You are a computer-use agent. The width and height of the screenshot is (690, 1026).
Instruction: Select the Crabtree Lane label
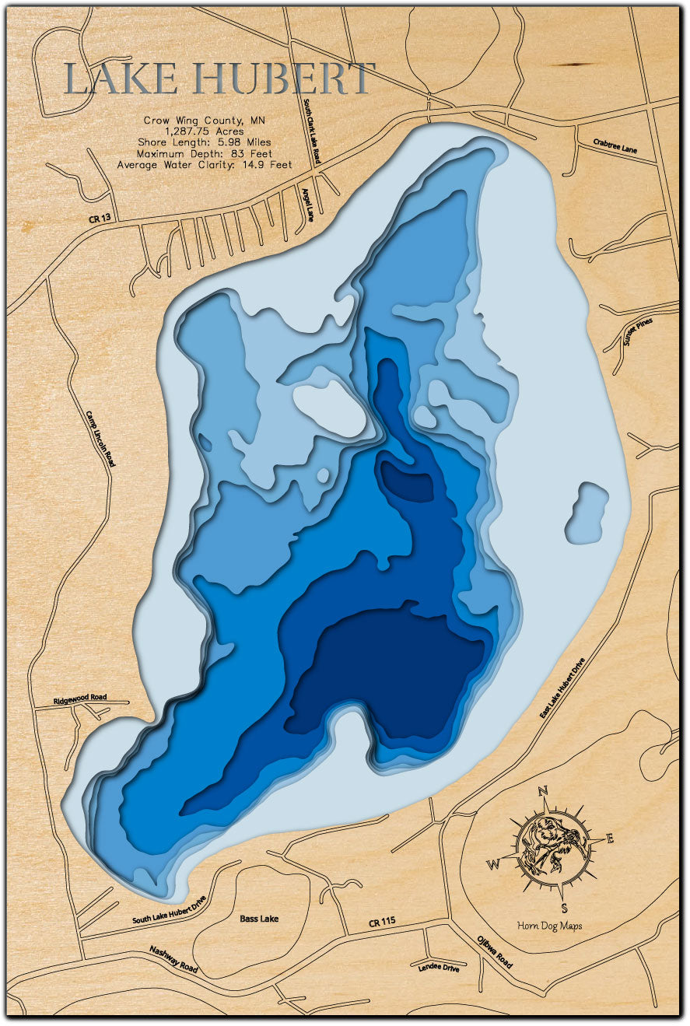point(615,145)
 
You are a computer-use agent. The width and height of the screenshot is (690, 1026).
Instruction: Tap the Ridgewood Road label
point(80,699)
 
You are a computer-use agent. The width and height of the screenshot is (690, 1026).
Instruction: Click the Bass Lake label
point(259,919)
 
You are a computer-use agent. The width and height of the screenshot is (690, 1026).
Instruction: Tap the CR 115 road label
point(382,921)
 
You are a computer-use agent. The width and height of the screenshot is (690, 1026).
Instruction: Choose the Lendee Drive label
point(438,968)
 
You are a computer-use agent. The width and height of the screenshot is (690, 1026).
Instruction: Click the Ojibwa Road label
point(495,950)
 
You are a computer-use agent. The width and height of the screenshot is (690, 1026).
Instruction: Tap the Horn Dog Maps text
point(549,926)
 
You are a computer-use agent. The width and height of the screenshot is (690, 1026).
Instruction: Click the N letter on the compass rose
point(544,792)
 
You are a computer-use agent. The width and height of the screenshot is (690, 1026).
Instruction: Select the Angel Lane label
point(308,205)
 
